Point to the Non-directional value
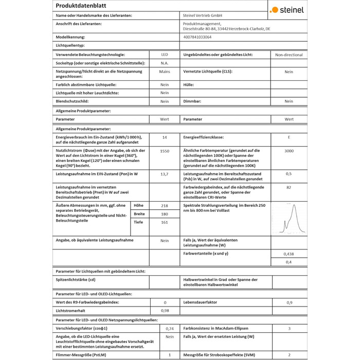pyautogui.click(x=289, y=55)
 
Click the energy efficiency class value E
pyautogui.click(x=289, y=138)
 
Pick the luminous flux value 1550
pyautogui.click(x=165, y=151)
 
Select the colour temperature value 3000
pyautogui.click(x=289, y=151)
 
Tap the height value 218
pyautogui.click(x=165, y=205)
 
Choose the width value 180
pyautogui.click(x=165, y=214)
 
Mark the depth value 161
pyautogui.click(x=165, y=222)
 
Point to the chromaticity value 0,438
pyautogui.click(x=289, y=254)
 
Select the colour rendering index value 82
pyautogui.click(x=289, y=188)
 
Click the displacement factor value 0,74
pyautogui.click(x=170, y=328)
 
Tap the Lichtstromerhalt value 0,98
pyautogui.click(x=165, y=311)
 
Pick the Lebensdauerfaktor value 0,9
pyautogui.click(x=289, y=302)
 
